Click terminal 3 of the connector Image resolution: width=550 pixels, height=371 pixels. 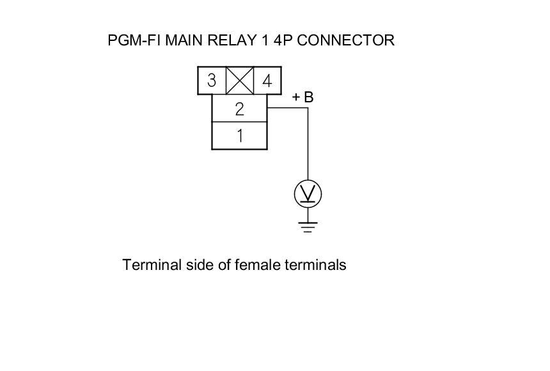tap(212, 81)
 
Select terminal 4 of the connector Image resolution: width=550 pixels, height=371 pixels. tap(267, 81)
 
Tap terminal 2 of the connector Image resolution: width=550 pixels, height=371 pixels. tap(239, 109)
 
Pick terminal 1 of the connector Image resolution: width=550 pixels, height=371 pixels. tap(239, 136)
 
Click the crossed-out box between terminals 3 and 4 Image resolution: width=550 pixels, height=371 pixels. tap(240, 81)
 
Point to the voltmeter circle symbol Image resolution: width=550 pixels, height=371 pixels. tap(308, 194)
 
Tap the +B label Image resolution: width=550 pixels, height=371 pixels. tap(302, 97)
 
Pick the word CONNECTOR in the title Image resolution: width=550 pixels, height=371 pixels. tap(345, 40)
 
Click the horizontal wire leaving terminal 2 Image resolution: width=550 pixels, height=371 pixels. tap(287, 108)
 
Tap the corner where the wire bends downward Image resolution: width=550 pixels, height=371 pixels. tap(308, 108)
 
